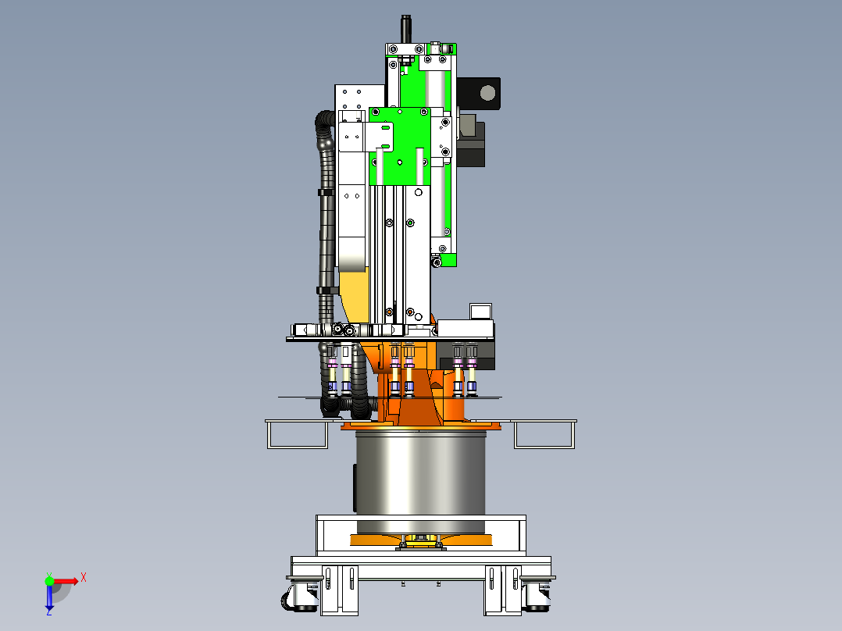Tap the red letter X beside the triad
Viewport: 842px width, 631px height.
tap(84, 578)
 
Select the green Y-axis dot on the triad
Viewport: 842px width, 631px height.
tap(49, 580)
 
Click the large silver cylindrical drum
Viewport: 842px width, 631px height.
tap(420, 479)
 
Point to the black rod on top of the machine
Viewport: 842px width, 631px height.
tap(406, 29)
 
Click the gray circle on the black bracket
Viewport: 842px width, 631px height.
tap(487, 93)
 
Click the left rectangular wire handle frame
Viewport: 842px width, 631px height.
tap(297, 434)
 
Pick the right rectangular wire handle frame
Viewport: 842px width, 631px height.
tap(544, 434)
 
